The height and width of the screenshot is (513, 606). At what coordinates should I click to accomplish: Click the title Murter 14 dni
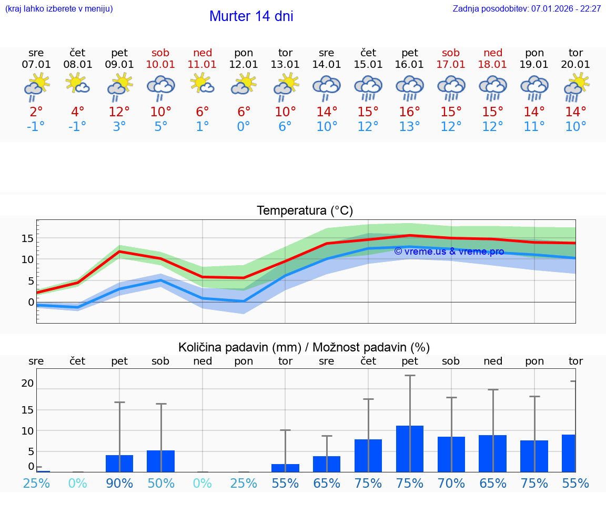pos(251,16)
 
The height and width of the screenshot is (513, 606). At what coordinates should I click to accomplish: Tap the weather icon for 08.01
pos(77,85)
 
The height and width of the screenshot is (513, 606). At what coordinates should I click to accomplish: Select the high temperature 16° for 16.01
pos(409,112)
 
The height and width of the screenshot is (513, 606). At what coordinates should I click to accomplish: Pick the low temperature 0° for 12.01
pos(244,127)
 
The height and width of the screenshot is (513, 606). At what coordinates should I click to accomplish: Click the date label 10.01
pos(160,64)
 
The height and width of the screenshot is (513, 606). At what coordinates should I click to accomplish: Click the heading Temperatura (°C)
pos(305,211)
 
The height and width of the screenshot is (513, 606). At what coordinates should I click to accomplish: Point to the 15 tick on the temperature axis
pos(27,238)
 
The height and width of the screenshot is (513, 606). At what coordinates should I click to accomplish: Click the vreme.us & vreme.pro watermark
pos(449,252)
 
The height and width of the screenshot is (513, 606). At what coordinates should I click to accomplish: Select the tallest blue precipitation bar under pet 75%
pos(409,449)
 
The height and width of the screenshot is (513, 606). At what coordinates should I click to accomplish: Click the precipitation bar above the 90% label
pos(119,464)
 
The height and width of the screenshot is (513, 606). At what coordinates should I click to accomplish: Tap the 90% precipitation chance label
pos(119,483)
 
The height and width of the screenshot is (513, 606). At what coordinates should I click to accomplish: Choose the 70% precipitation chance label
pos(451,483)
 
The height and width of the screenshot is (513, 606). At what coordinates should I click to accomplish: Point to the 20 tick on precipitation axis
pos(27,384)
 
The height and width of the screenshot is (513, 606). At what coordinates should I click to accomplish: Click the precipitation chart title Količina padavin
pos(304,347)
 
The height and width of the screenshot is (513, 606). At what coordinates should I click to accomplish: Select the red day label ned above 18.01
pos(492,53)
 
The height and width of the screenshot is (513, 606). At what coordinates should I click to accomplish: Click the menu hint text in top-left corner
pos(59,8)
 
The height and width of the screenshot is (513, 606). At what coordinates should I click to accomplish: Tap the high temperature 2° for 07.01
pos(36,112)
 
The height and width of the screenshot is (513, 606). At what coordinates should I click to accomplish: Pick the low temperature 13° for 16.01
pos(409,127)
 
